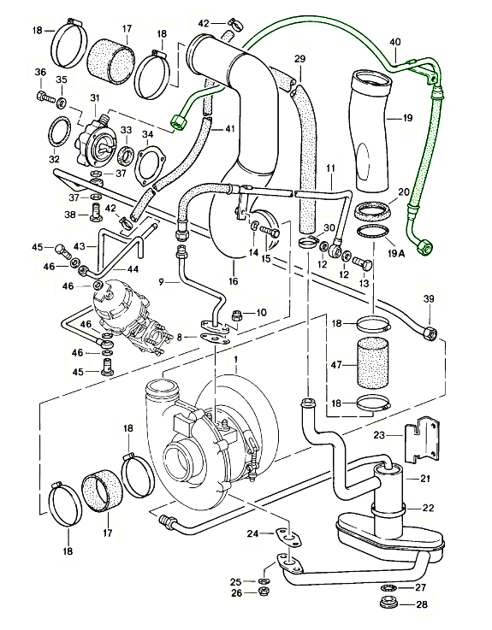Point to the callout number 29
(x=299, y=58)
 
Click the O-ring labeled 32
(x=58, y=133)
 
